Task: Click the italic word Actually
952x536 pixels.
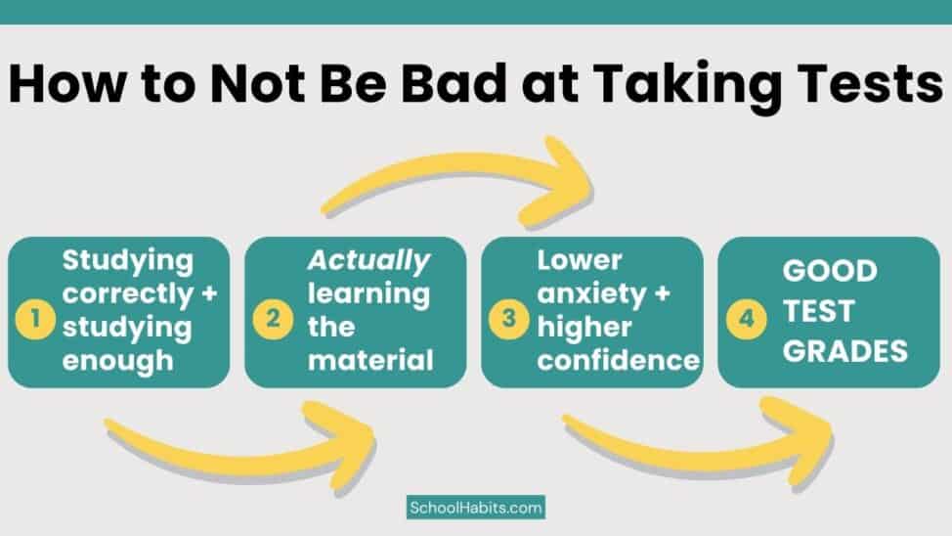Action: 369,261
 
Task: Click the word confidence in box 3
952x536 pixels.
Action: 618,361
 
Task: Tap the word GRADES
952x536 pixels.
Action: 844,350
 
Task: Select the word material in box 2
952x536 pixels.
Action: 370,360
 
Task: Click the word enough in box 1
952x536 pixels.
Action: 118,360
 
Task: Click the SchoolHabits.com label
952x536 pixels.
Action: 476,508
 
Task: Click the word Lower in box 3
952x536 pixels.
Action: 580,261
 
